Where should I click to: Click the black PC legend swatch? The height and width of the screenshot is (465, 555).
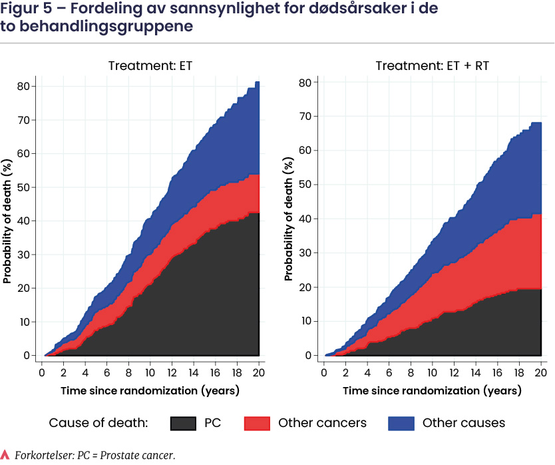184,423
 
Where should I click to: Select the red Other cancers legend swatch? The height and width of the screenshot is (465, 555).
257,423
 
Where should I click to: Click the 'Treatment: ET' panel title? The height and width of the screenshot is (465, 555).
150,66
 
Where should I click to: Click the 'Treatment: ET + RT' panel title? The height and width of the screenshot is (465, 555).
433,66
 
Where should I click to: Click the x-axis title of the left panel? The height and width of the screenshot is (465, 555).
150,389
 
